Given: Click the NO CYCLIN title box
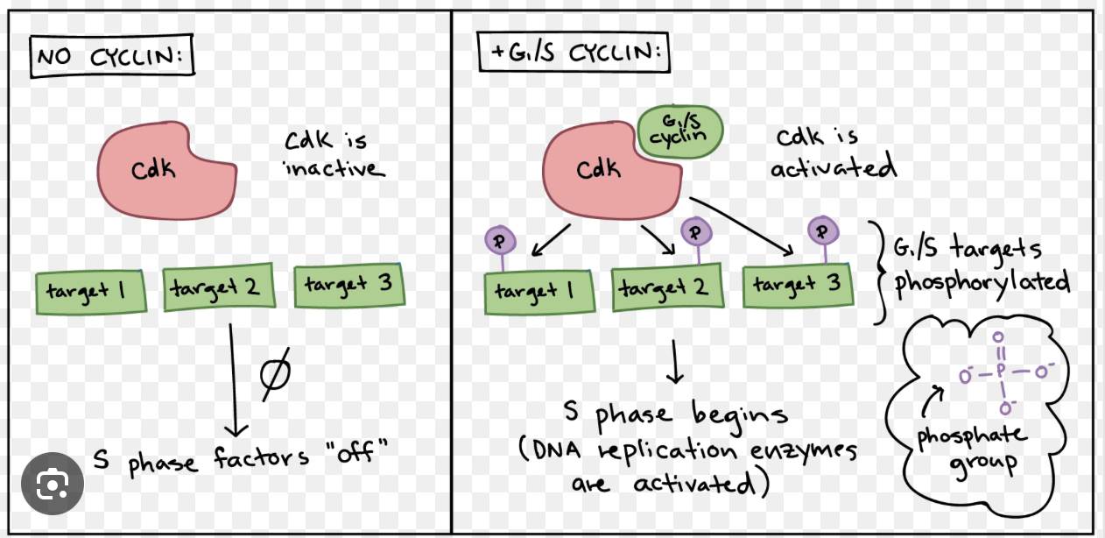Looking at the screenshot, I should tap(112, 58).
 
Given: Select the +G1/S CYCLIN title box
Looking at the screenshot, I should tap(573, 52).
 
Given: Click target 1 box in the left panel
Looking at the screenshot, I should tap(91, 292).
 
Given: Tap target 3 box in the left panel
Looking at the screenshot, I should tap(348, 284).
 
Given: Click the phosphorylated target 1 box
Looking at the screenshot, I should tap(539, 292).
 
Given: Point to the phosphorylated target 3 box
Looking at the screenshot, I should tap(798, 285).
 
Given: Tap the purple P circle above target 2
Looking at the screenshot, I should tap(695, 232).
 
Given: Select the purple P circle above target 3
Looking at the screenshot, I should tap(822, 232).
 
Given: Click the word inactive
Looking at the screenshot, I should tap(334, 167).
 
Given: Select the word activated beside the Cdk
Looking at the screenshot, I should tap(833, 166).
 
